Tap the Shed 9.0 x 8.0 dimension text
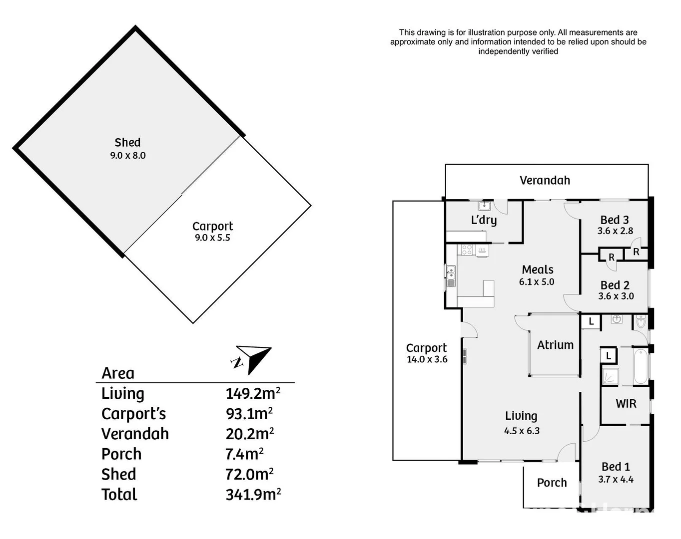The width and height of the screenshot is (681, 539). tap(128, 156)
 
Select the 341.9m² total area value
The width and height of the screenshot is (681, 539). tap(253, 495)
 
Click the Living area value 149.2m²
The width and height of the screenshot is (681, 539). tap(252, 394)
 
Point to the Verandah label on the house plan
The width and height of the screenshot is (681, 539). tap(545, 181)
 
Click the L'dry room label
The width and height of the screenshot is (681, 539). tap(484, 220)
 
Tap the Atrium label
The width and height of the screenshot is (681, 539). tap(555, 345)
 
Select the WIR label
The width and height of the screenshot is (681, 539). tap(626, 404)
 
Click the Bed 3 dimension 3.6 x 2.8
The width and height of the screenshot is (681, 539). tap(615, 231)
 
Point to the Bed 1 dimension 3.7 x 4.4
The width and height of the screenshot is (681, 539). tap(616, 480)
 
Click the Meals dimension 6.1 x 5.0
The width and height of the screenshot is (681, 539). tap(537, 282)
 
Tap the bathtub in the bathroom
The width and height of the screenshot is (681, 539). tap(641, 367)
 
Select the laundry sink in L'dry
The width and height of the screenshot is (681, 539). tap(484, 206)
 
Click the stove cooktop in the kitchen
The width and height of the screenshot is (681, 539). tap(467, 250)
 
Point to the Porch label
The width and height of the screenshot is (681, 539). tap(552, 483)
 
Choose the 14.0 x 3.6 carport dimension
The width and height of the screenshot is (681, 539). tap(427, 359)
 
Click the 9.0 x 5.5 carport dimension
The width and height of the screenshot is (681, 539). tap(212, 238)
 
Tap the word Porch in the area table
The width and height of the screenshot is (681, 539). tap(121, 454)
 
